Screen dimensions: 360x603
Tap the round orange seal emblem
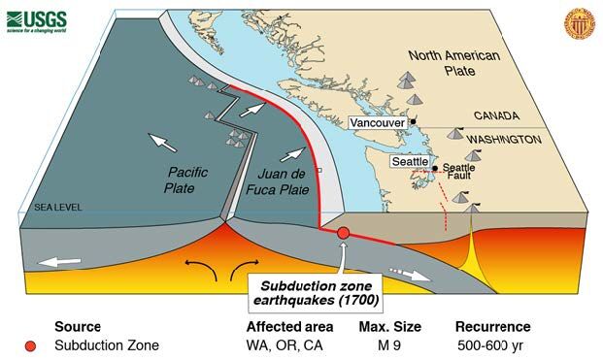[575, 20]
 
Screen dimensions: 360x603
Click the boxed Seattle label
[407, 161]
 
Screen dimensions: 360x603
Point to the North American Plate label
[453, 63]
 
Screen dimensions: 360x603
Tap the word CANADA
[496, 115]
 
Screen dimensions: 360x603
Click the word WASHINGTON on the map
[503, 140]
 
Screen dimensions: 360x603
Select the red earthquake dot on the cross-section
[343, 233]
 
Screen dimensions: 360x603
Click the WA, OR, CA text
[283, 344]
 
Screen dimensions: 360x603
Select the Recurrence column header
[492, 326]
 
